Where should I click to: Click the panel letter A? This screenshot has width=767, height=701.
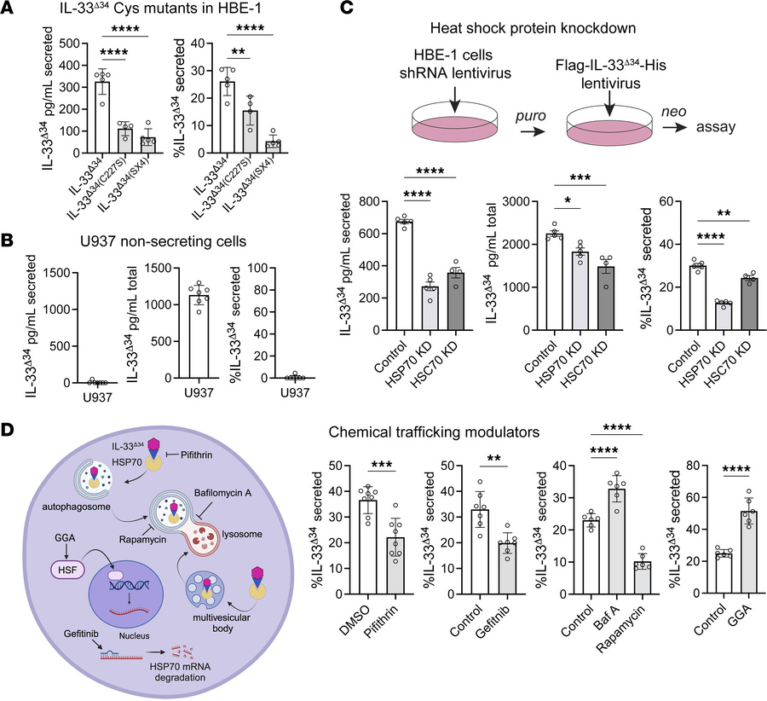[10, 11]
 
